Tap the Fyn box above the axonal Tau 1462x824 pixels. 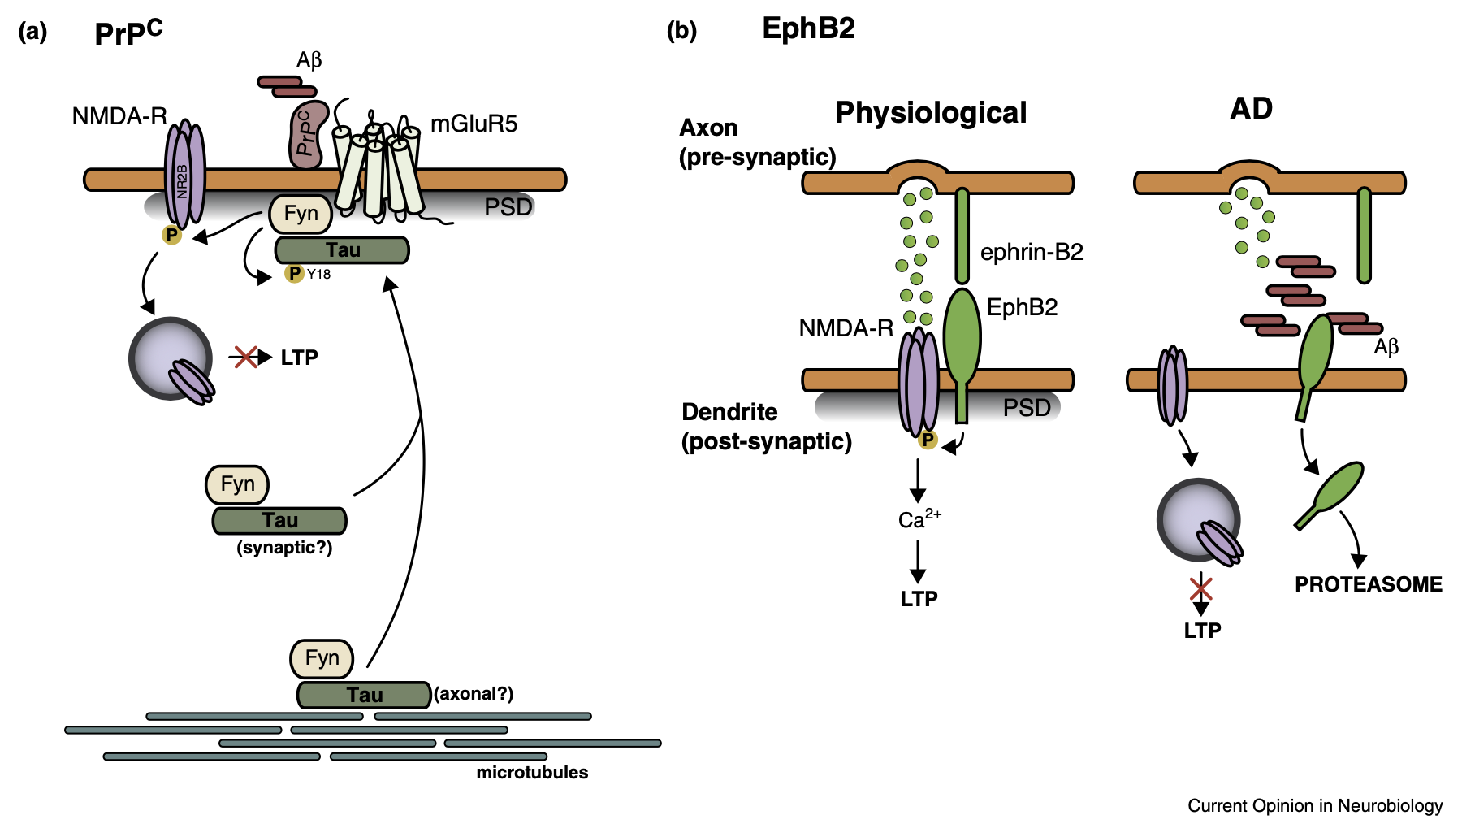pyautogui.click(x=322, y=658)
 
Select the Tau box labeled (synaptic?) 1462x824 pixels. pyautogui.click(x=279, y=521)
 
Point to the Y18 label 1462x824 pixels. pyautogui.click(x=319, y=275)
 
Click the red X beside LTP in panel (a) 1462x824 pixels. pyautogui.click(x=245, y=357)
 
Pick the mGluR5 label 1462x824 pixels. pyautogui.click(x=474, y=124)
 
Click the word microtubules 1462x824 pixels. pyautogui.click(x=532, y=773)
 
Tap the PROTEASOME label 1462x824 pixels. pyautogui.click(x=1368, y=584)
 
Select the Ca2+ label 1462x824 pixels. pyautogui.click(x=919, y=519)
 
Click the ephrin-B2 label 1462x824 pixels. pyautogui.click(x=1032, y=253)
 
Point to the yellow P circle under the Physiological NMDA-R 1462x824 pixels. pyautogui.click(x=928, y=440)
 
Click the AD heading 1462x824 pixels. pyautogui.click(x=1251, y=109)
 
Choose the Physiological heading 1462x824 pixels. pyautogui.click(x=931, y=113)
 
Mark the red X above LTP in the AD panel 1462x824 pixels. pyautogui.click(x=1201, y=588)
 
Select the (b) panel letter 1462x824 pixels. pyautogui.click(x=681, y=31)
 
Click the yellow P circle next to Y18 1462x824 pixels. pyautogui.click(x=294, y=274)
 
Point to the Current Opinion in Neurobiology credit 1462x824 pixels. pyautogui.click(x=1315, y=806)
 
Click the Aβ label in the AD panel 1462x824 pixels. pyautogui.click(x=1386, y=347)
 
